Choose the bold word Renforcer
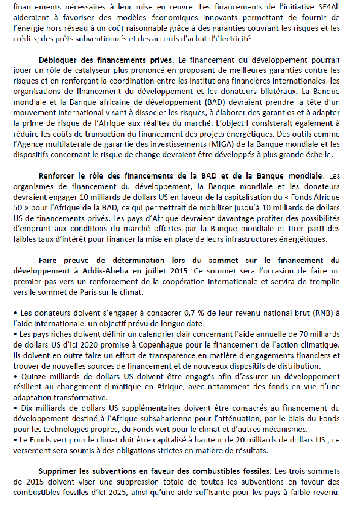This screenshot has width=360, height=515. pyautogui.click(x=57, y=176)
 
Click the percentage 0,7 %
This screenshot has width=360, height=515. pyautogui.click(x=194, y=313)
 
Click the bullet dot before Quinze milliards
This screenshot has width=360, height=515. pyautogui.click(x=15, y=377)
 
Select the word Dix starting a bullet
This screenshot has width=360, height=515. pyautogui.click(x=27, y=408)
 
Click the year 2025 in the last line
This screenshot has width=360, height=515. pyautogui.click(x=118, y=493)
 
